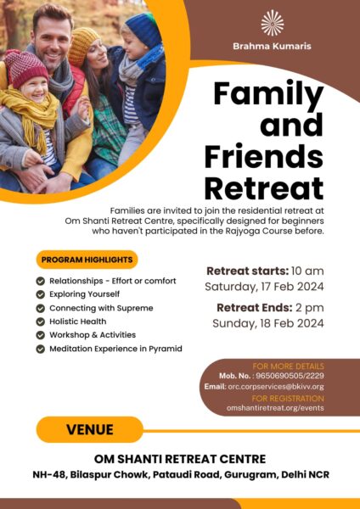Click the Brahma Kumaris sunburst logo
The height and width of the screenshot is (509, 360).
[x=273, y=23]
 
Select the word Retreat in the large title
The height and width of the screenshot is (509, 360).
[x=264, y=188]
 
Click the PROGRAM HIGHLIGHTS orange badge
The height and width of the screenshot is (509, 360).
[x=87, y=260]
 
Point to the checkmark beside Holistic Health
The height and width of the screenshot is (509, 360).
[x=40, y=322]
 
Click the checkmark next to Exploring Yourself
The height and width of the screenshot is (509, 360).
[x=40, y=294]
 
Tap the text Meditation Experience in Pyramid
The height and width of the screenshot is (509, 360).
[x=115, y=349]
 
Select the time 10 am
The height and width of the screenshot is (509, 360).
[x=307, y=271]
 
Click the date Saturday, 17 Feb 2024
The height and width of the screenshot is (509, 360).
[x=264, y=288]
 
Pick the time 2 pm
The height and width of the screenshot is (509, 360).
[x=310, y=308]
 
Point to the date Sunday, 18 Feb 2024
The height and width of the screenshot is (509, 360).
[x=268, y=324]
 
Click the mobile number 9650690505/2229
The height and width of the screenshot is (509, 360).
[x=290, y=376]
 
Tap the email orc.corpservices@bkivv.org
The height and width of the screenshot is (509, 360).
[x=276, y=387]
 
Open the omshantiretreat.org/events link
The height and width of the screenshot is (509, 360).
[x=275, y=408]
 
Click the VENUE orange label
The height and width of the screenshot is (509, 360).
[x=90, y=429]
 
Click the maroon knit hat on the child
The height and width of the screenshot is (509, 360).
[x=25, y=67]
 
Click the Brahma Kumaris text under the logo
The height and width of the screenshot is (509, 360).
[x=272, y=46]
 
